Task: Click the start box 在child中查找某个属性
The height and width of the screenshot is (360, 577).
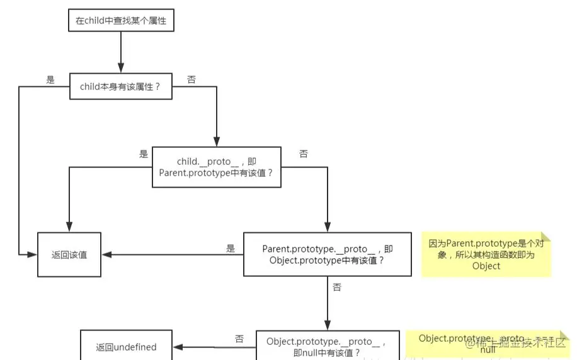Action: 120,20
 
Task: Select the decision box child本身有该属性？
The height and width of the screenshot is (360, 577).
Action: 121,87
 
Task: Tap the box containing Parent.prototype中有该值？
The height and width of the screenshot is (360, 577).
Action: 216,167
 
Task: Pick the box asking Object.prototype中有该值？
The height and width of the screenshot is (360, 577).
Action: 328,254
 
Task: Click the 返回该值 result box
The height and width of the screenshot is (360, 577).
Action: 69,254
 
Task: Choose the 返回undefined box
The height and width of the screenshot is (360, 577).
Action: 126,347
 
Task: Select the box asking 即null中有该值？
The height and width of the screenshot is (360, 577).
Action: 327,347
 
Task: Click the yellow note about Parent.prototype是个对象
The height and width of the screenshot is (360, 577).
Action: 486,254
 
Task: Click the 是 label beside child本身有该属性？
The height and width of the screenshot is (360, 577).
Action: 51,80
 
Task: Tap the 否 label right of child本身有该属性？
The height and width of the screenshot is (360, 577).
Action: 191,80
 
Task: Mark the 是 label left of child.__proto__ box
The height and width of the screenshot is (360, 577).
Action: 143,154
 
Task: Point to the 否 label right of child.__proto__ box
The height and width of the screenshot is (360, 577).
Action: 304,154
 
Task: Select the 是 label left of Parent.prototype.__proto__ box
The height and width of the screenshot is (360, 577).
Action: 231,249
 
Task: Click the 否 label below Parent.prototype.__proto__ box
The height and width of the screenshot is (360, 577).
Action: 337,287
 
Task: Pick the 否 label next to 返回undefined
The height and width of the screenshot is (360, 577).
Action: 239,339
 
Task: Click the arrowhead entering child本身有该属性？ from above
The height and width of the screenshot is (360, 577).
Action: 120,68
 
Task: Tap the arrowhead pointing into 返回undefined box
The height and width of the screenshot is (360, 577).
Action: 178,347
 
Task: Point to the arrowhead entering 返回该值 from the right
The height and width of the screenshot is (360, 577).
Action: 107,254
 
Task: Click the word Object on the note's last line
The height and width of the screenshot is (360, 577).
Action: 486,266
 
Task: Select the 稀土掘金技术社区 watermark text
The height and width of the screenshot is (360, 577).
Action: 517,344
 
